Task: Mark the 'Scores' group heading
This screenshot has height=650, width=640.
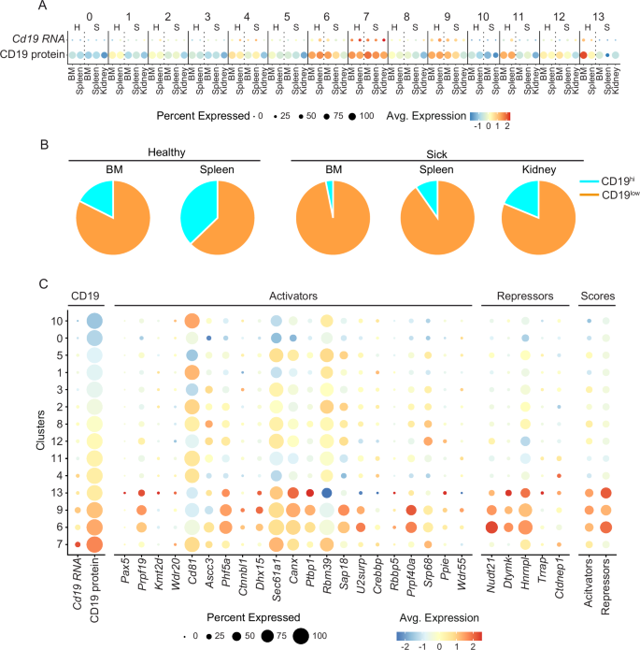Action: pyautogui.click(x=596, y=295)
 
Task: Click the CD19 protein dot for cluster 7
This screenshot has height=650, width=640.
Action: pyautogui.click(x=94, y=544)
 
